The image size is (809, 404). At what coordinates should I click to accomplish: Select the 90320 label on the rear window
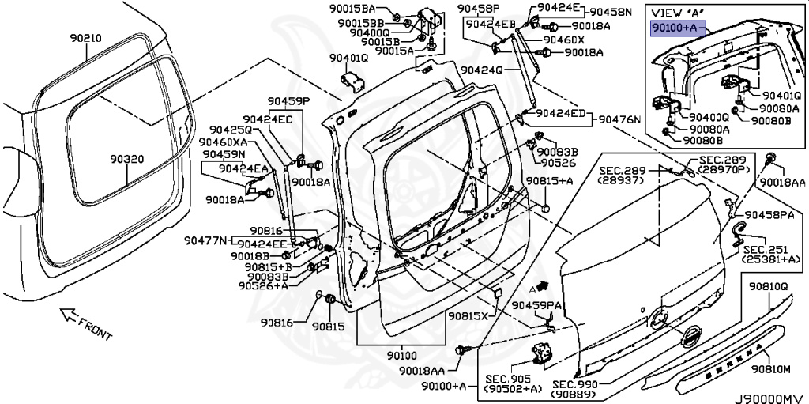click(126, 159)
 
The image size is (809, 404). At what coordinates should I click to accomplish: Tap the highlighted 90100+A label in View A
click(674, 28)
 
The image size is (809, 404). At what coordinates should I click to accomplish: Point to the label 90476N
click(619, 120)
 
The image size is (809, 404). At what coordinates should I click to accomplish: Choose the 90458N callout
click(611, 13)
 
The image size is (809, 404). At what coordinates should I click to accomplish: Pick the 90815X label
click(468, 316)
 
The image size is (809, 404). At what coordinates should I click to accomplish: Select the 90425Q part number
click(229, 130)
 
